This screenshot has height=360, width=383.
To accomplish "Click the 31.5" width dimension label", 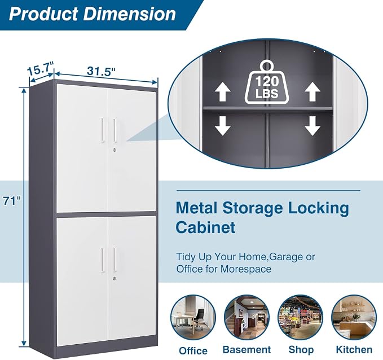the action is [x=101, y=71].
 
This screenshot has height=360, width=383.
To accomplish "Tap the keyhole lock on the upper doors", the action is [x=115, y=150].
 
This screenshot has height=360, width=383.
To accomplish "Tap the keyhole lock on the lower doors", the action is [x=115, y=278].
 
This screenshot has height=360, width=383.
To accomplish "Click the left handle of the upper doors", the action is [x=102, y=130].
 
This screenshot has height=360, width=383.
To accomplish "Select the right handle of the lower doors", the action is [x=115, y=259].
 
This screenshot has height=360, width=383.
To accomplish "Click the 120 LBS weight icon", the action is [x=267, y=82].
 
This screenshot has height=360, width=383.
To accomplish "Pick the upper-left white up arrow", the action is [x=222, y=91].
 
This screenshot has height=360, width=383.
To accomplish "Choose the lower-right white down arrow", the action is [x=312, y=126].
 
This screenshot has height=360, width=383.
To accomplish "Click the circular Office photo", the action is [x=193, y=318].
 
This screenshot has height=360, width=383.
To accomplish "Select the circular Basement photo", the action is [x=246, y=318].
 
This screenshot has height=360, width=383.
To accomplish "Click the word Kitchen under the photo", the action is [x=354, y=350].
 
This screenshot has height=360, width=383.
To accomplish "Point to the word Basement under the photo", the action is [x=246, y=350].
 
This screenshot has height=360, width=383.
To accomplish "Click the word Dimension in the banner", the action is [x=130, y=14].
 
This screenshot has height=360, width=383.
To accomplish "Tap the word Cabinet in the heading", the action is [x=205, y=227].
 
